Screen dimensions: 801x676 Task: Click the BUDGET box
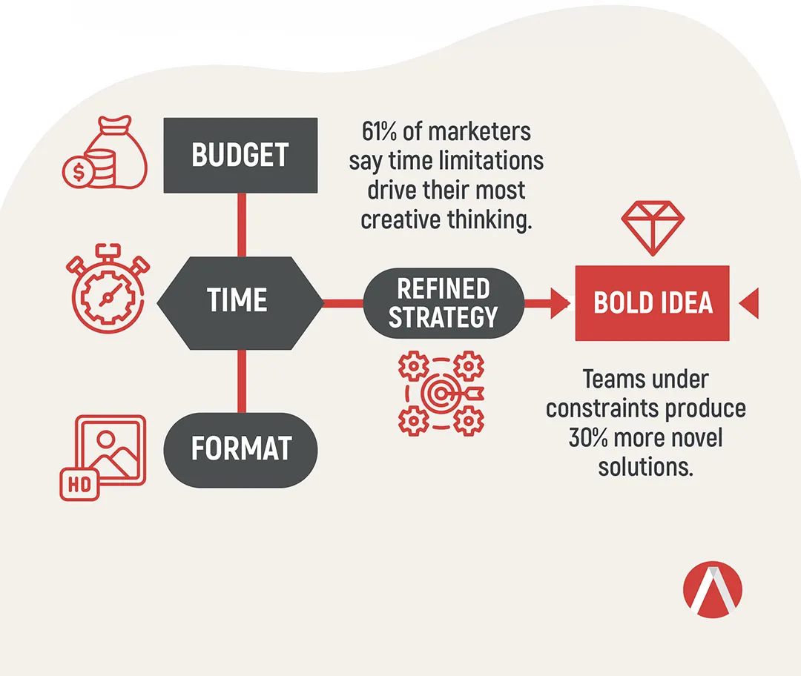[x=240, y=155]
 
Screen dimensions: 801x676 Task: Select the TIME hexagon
[x=240, y=303]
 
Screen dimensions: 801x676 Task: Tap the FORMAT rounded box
[x=240, y=450]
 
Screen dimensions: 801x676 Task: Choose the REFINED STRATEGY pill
[x=444, y=303]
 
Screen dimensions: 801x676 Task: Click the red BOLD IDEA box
[x=653, y=303]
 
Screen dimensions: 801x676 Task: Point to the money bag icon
[x=105, y=153]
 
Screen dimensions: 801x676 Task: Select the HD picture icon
[x=102, y=457]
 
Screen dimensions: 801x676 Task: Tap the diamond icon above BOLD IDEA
[x=653, y=228]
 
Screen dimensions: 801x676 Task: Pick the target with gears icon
[x=441, y=393]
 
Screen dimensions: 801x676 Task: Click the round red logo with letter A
[x=713, y=590]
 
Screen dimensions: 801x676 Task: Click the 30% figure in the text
[x=588, y=438]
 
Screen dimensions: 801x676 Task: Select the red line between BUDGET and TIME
[x=242, y=225]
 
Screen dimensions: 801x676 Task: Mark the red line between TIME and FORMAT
[x=242, y=382]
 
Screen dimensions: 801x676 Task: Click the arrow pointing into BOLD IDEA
[x=547, y=303]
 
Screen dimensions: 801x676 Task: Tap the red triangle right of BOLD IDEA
[x=749, y=303]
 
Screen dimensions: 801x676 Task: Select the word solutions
[x=646, y=467]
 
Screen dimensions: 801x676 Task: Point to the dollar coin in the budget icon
[x=78, y=172]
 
